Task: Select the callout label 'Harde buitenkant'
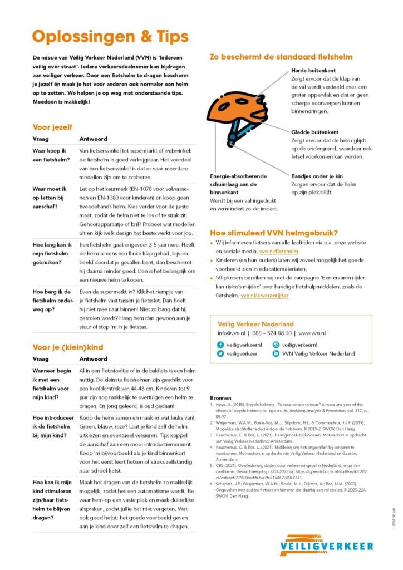(313, 71)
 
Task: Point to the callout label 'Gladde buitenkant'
(314, 132)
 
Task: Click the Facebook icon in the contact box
(220, 345)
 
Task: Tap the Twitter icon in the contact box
(220, 353)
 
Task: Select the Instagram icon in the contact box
(276, 345)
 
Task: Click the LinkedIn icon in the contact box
(276, 353)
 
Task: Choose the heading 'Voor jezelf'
(52, 126)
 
